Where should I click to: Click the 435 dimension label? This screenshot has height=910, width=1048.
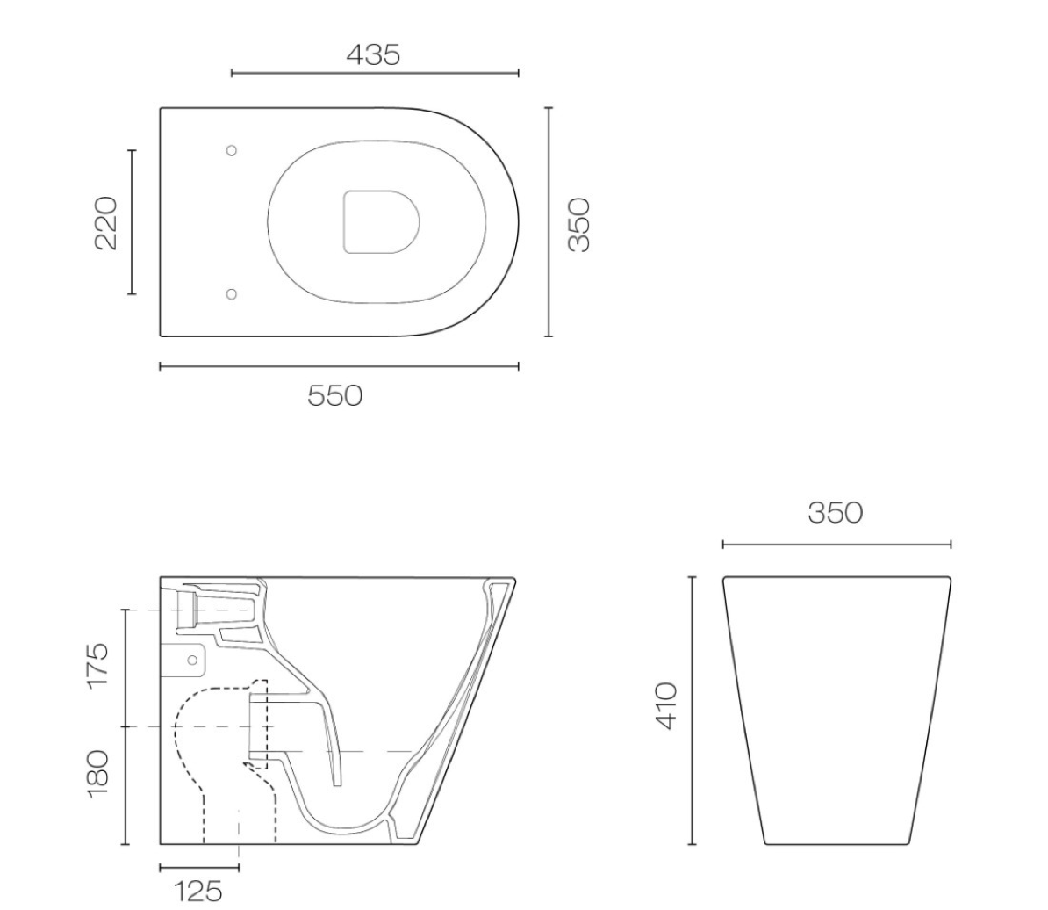coord(373,54)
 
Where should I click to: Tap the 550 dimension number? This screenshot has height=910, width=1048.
coord(335,396)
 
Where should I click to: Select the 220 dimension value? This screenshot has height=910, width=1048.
coord(106,222)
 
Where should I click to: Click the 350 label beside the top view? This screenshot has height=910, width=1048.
coord(578,224)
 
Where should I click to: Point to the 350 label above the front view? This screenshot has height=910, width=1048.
coord(836,513)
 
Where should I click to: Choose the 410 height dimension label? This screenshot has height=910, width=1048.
coord(666,706)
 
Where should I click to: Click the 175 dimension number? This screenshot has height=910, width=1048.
coord(97,664)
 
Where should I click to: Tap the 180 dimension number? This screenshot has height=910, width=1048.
coord(97,774)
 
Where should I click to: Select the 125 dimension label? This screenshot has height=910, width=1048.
coord(197,892)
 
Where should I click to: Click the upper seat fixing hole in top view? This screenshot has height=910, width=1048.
coord(231,150)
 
